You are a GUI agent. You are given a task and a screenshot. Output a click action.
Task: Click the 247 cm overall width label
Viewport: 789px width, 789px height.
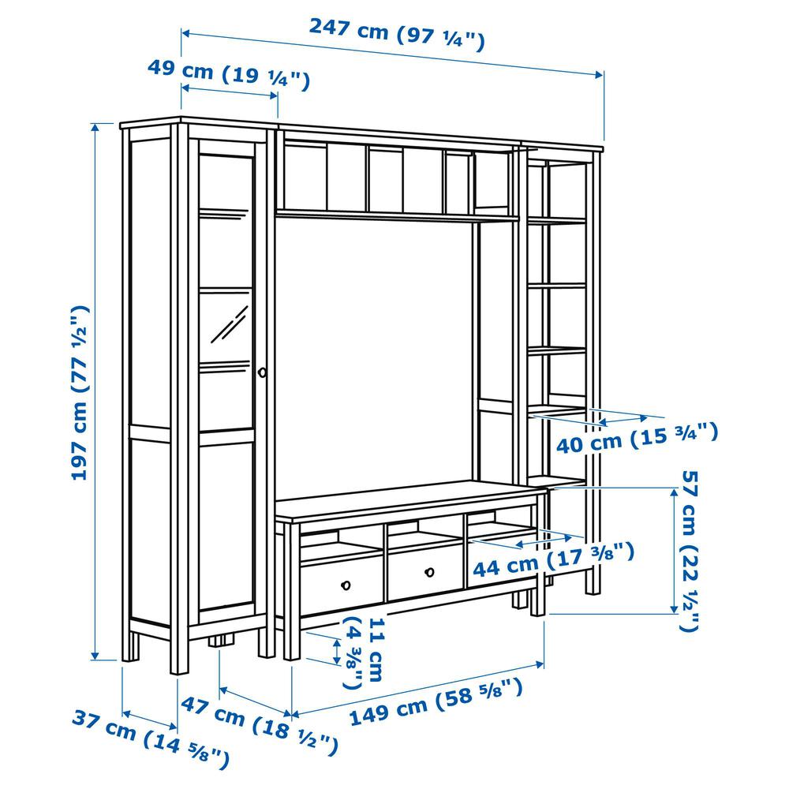[397, 34]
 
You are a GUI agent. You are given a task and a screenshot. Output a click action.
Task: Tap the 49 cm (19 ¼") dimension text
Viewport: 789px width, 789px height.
[229, 73]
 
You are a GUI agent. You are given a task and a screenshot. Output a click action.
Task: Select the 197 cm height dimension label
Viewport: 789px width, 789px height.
[80, 392]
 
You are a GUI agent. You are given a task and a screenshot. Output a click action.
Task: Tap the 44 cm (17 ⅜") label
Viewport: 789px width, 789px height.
[554, 559]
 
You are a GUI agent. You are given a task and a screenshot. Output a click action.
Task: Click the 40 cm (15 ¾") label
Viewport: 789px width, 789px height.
[637, 438]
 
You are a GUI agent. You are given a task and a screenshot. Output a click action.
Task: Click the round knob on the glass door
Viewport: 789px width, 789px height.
[262, 372]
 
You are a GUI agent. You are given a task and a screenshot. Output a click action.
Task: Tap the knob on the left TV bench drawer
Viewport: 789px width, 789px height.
[346, 585]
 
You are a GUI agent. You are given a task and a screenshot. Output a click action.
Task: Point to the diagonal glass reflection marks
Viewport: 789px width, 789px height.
[229, 324]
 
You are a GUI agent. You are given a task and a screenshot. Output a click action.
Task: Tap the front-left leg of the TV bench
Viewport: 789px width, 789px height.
[291, 591]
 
